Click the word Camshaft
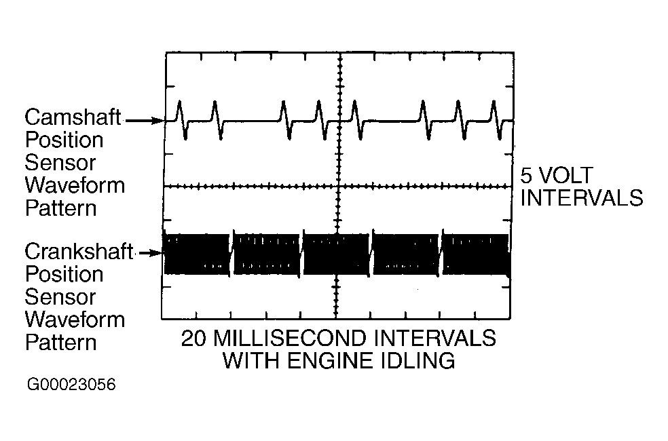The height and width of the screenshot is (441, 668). (x=73, y=118)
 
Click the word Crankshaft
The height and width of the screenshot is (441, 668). (x=79, y=252)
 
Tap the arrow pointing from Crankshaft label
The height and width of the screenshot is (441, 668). (x=152, y=254)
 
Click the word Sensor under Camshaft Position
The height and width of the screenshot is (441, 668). (x=60, y=163)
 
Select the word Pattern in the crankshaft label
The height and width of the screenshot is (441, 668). (x=60, y=341)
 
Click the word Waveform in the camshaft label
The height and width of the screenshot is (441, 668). (x=75, y=185)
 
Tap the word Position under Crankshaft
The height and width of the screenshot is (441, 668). (x=64, y=274)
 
